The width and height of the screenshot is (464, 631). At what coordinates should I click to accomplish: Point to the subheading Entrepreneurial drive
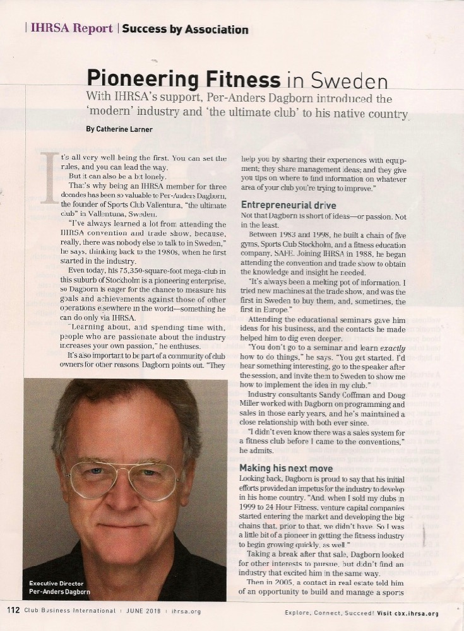[289, 205]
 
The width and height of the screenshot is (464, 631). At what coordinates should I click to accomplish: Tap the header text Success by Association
[185, 29]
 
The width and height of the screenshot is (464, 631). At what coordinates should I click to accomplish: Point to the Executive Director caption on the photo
[56, 584]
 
